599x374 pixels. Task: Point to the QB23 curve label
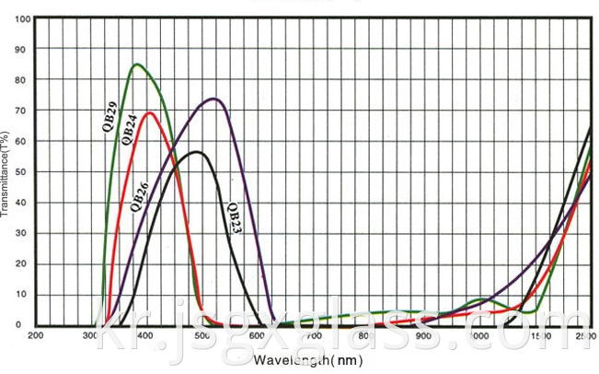click(234, 218)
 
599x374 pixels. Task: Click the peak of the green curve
click(136, 64)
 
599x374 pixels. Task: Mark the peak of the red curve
click(149, 113)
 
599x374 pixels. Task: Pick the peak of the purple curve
click(213, 99)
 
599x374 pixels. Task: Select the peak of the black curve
click(195, 152)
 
